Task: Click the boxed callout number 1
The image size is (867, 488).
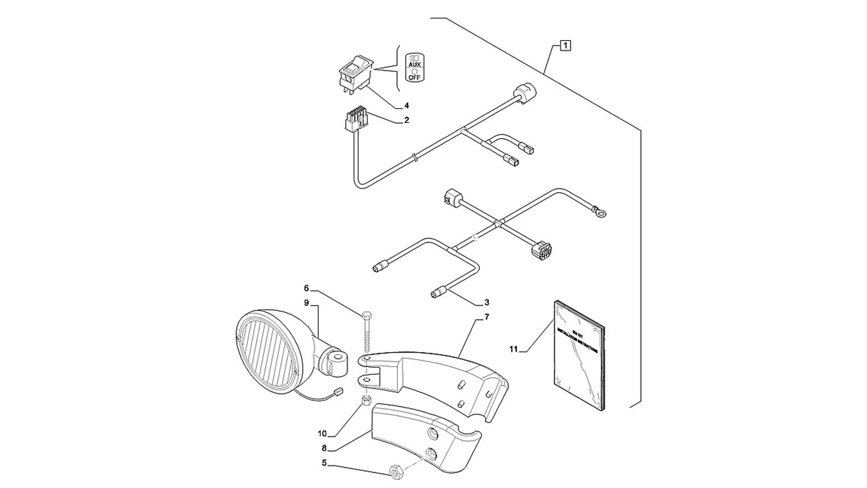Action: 565,46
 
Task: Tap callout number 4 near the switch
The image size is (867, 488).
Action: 406,106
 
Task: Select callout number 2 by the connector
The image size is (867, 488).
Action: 406,120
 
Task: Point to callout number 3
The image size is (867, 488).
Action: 486,302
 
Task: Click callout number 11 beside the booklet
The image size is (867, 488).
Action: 513,349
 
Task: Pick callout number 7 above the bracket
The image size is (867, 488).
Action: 487,318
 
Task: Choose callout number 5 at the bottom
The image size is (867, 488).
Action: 324,463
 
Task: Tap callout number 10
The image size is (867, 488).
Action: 322,434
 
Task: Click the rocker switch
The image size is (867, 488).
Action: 356,74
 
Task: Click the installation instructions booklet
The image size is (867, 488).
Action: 579,355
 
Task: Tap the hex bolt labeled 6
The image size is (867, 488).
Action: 366,332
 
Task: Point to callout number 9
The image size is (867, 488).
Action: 306,303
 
